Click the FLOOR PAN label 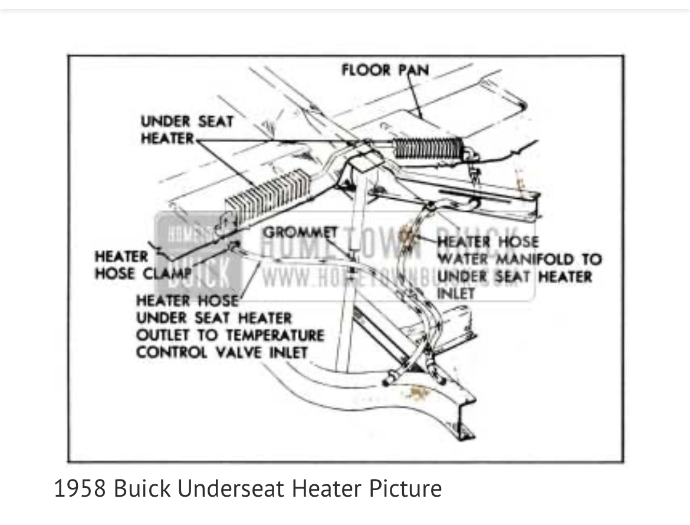[x=385, y=70]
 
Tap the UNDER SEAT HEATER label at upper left [x=186, y=130]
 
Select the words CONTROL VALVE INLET [x=222, y=352]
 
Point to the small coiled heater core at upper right [x=426, y=147]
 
